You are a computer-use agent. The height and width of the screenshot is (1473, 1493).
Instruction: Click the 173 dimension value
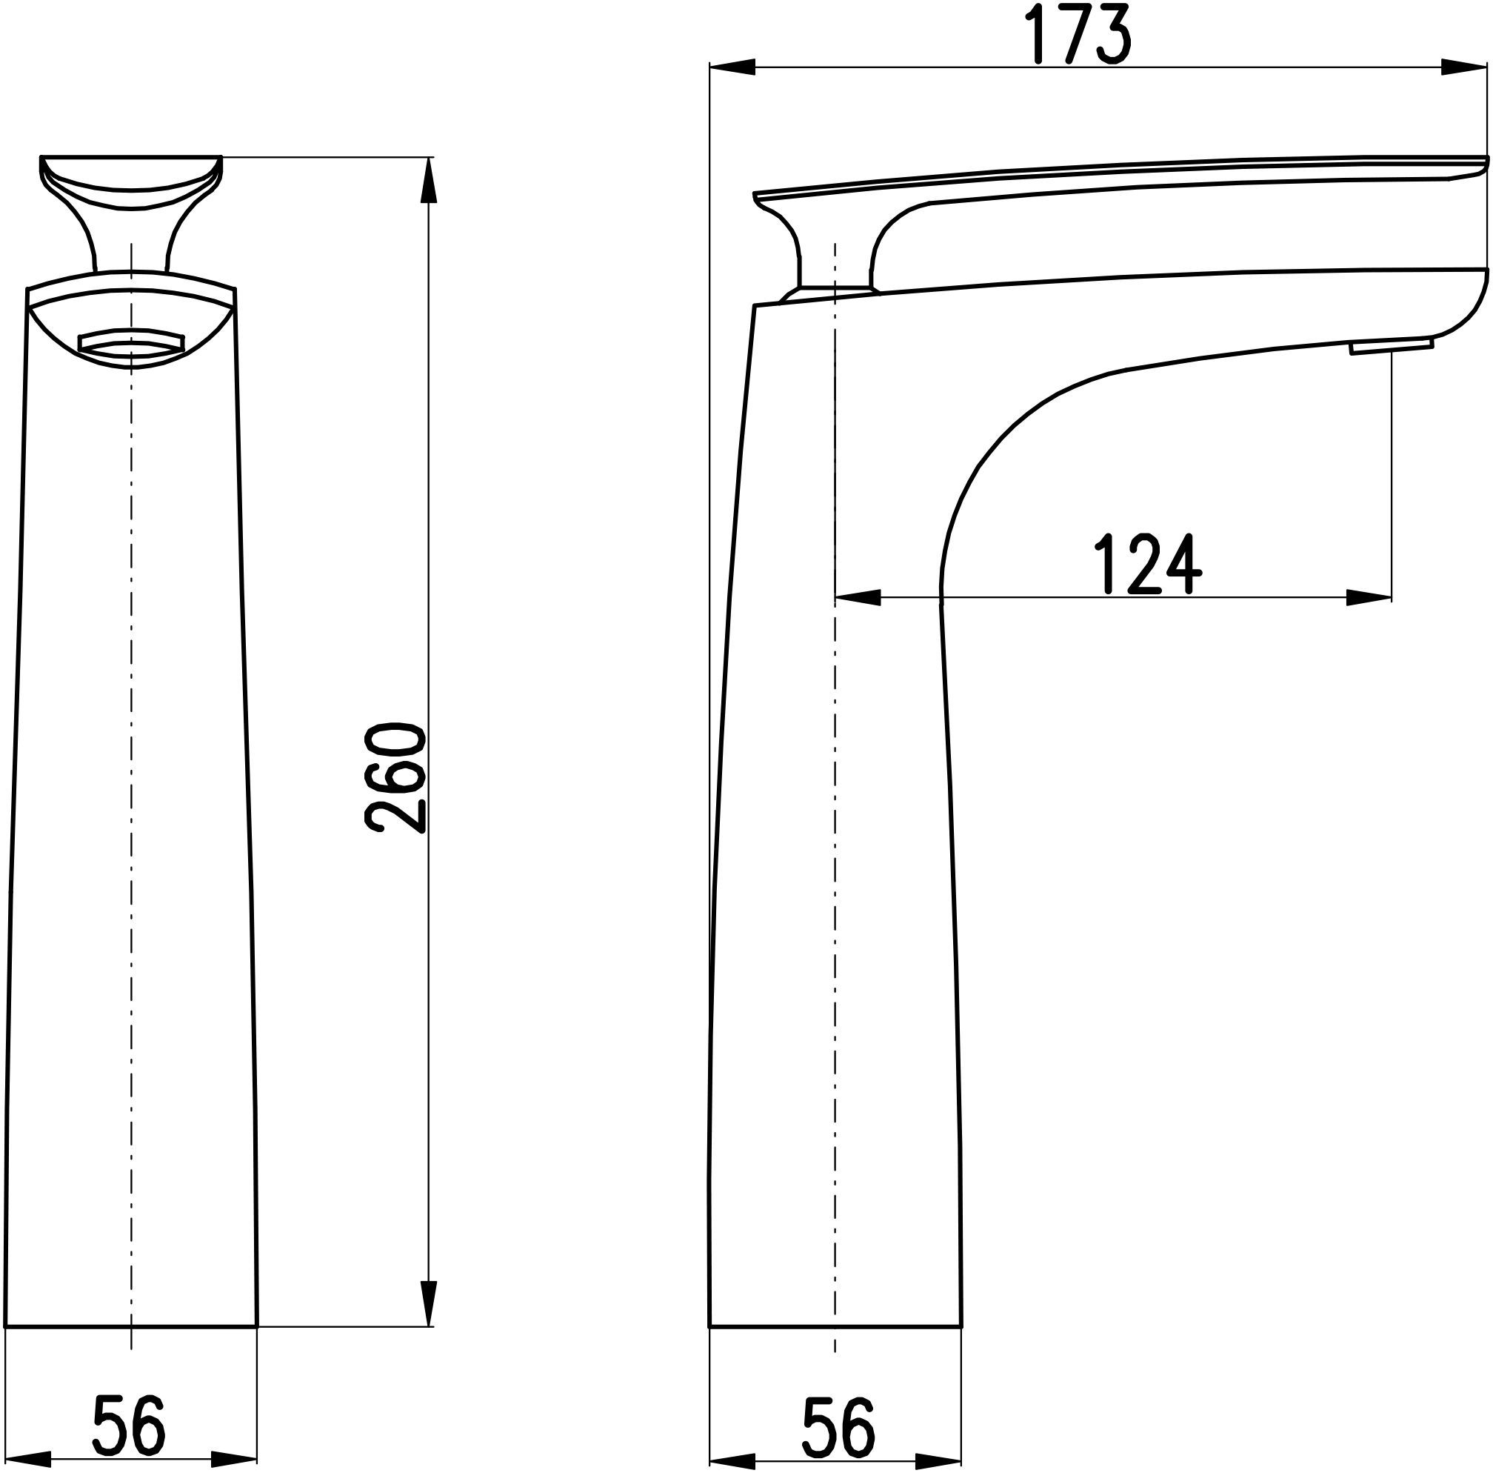click(x=1080, y=35)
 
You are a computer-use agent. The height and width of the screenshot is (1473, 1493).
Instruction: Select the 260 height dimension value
click(x=395, y=778)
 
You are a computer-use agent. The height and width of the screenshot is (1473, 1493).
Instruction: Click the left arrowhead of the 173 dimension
click(x=732, y=69)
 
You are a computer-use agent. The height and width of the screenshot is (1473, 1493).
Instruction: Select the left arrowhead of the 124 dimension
click(x=858, y=598)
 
